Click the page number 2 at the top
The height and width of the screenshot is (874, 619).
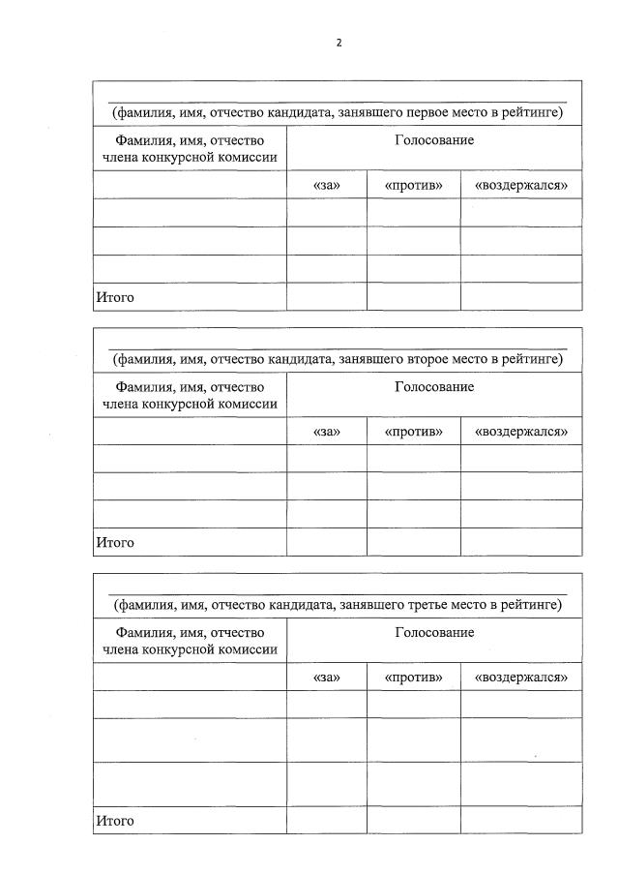[339, 43]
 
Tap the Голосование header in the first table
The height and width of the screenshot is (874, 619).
[434, 141]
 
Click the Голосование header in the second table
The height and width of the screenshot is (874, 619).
[434, 387]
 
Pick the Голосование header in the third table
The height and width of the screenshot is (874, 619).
[434, 633]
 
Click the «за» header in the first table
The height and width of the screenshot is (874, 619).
[327, 185]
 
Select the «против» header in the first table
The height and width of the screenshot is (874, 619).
[413, 185]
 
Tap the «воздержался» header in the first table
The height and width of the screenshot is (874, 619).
[521, 185]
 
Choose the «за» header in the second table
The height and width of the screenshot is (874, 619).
[327, 431]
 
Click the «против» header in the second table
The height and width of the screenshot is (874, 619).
[413, 431]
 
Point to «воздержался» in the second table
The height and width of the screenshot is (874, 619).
[521, 431]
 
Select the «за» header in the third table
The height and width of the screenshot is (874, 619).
[327, 677]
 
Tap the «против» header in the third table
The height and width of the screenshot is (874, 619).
[413, 677]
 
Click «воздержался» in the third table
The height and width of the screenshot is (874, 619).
[521, 677]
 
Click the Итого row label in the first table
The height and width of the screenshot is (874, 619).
[114, 297]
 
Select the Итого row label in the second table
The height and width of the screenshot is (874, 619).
[114, 543]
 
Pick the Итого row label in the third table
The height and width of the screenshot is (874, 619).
[114, 821]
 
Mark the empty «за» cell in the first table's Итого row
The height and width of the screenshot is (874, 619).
[327, 297]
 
